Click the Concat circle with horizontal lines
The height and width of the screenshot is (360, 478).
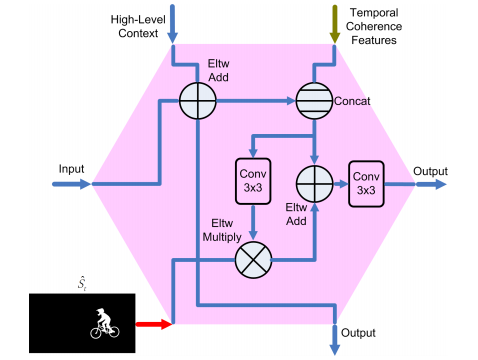315,101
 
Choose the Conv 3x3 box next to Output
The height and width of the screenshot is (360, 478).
365,184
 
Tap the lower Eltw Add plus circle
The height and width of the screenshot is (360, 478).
315,184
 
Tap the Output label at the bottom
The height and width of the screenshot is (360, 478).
357,332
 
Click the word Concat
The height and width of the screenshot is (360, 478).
354,101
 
